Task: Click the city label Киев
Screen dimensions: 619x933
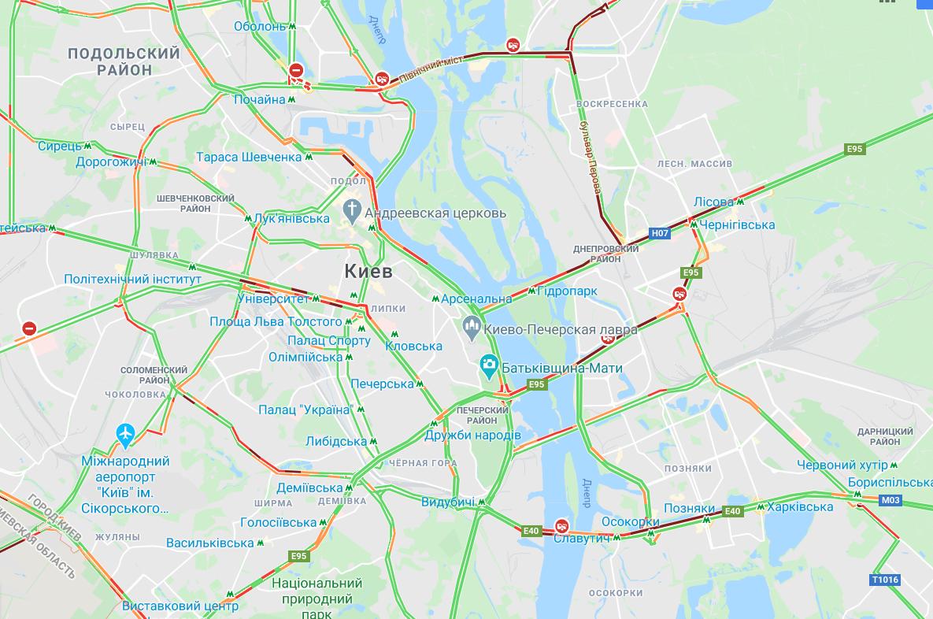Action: tap(368, 272)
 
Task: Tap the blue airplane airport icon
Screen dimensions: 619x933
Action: tap(125, 433)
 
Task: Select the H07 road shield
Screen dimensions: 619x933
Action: tap(660, 233)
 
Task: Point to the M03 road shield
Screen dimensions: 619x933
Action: tap(890, 500)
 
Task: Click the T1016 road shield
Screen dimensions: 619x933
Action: tap(885, 580)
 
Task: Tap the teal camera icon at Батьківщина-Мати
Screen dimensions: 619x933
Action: tap(489, 365)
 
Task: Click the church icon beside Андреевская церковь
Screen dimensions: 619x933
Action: tap(351, 210)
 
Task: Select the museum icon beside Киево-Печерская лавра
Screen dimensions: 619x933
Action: tap(472, 324)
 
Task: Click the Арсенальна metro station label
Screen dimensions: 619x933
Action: tap(476, 299)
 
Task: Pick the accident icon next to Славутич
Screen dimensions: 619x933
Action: tap(561, 525)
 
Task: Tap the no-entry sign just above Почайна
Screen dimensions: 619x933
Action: tap(296, 71)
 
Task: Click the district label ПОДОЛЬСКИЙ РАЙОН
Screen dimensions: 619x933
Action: tap(124, 61)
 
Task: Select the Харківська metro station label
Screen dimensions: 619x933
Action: tap(800, 507)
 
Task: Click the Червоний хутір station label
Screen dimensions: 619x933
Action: tap(842, 465)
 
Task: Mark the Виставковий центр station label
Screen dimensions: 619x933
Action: tap(180, 606)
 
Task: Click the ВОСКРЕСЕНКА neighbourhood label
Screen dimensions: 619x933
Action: tap(612, 104)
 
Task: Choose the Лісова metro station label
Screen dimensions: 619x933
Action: tap(713, 202)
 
